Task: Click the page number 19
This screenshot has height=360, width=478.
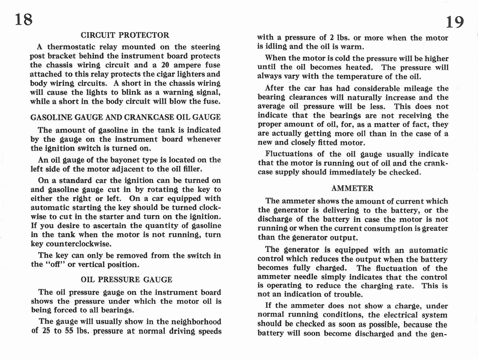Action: coord(455,22)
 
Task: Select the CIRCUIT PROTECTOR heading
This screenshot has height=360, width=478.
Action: coord(125,35)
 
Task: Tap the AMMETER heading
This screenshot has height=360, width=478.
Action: coord(353,188)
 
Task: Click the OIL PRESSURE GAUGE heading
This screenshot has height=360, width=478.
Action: coord(126,280)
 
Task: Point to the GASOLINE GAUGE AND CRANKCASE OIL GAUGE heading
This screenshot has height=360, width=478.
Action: coord(125,117)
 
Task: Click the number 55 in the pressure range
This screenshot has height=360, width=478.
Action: coord(69,331)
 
